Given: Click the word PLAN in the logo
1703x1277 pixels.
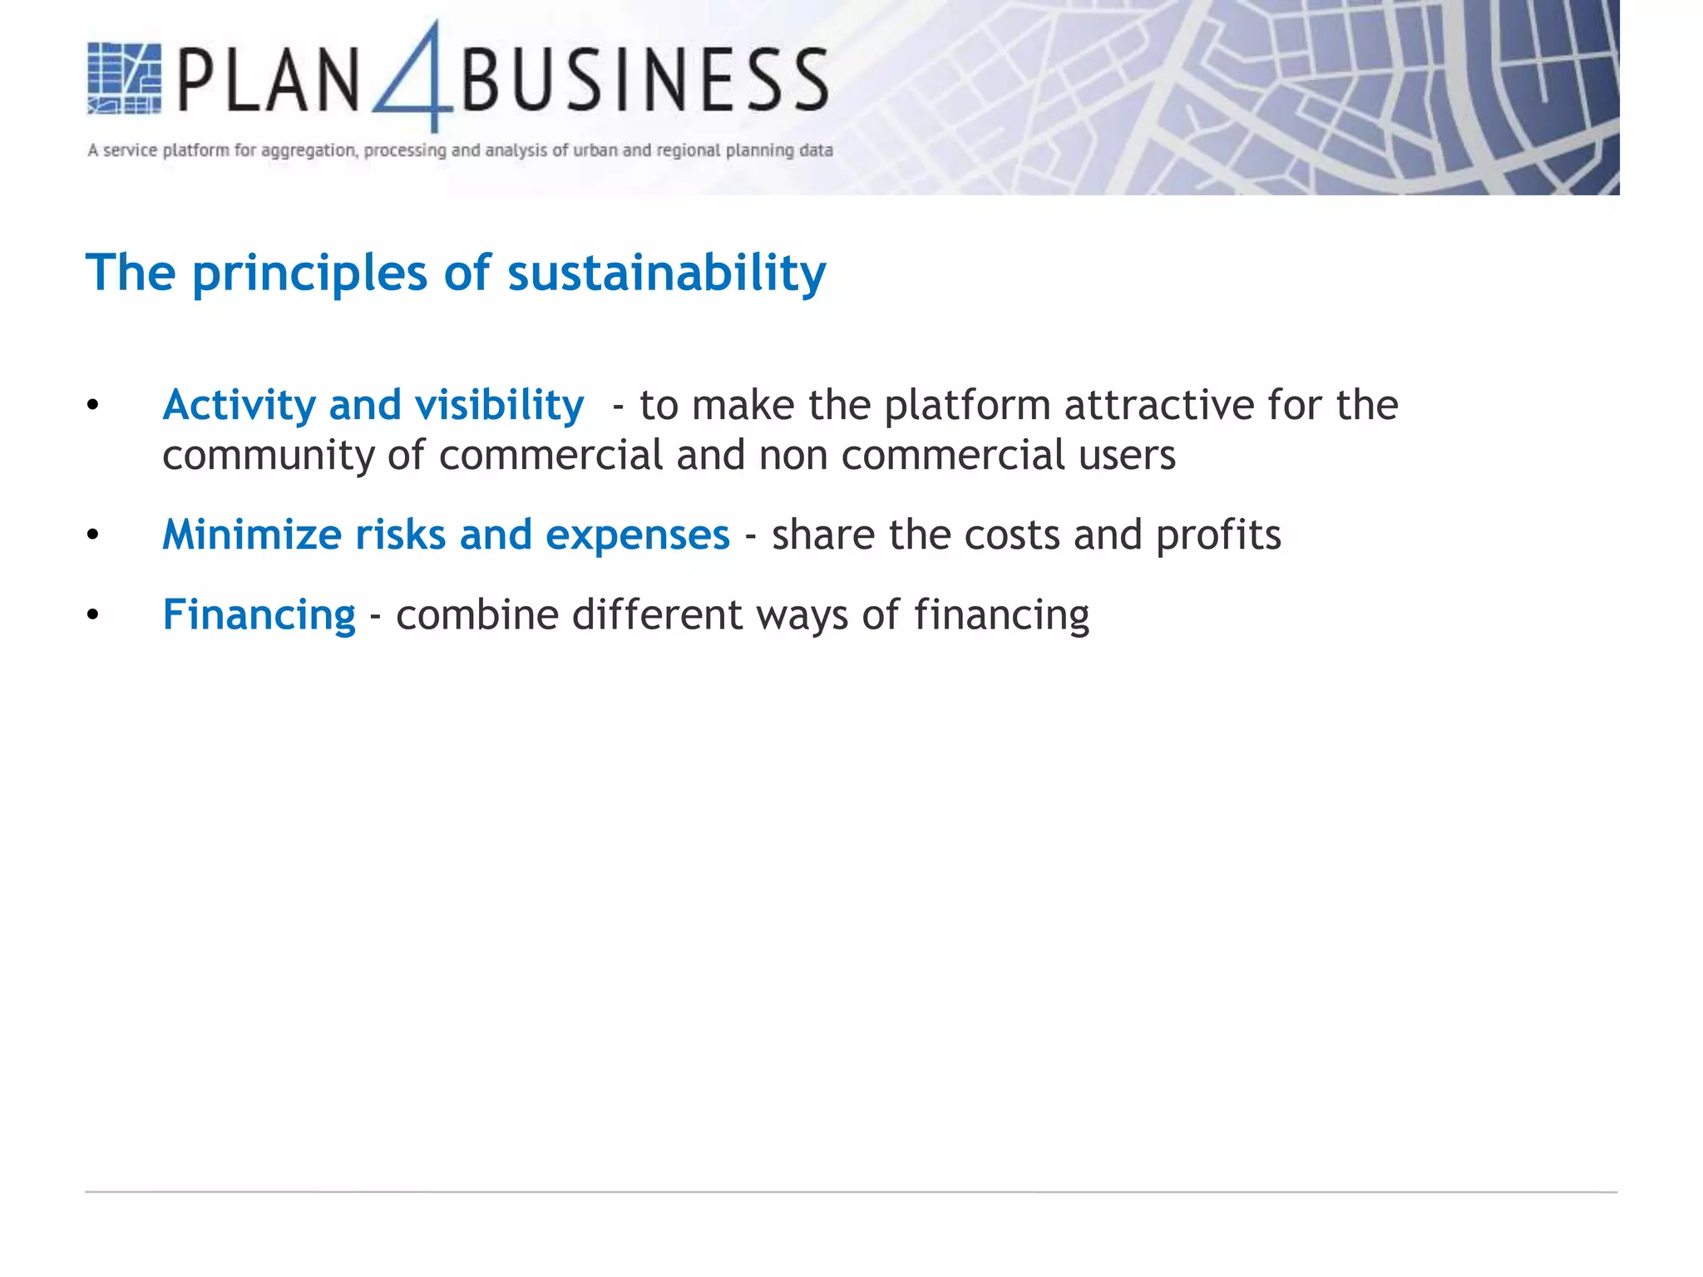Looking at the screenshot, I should click(268, 80).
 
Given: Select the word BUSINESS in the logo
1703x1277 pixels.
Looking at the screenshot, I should click(644, 80).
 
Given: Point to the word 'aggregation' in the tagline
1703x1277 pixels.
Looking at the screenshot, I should click(308, 150).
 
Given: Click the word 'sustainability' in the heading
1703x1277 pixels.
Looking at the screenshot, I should click(667, 273).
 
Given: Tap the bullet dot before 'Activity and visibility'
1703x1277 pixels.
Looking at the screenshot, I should click(92, 406).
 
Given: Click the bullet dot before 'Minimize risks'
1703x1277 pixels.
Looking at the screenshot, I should click(92, 535).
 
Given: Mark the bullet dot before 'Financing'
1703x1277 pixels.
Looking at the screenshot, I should click(92, 615).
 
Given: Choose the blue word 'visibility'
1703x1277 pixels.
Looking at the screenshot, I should click(499, 406).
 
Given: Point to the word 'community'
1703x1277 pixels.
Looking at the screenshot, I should click(268, 456).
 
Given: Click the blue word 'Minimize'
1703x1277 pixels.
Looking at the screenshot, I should click(251, 535).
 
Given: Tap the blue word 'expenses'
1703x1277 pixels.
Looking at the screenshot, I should click(637, 536).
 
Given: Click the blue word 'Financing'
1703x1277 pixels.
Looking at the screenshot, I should click(259, 616).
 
